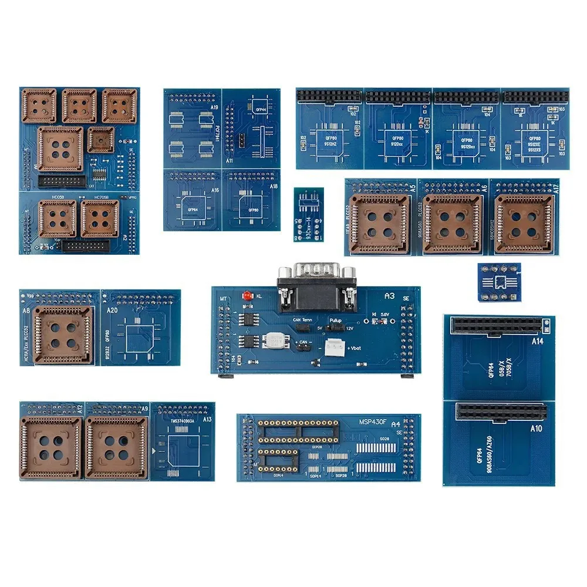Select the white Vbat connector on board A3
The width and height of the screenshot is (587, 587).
pos(334,347)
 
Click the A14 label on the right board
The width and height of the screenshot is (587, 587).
pos(537,340)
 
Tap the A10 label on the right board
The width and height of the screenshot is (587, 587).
pos(537,428)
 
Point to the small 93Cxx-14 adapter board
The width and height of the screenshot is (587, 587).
pos(308,214)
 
